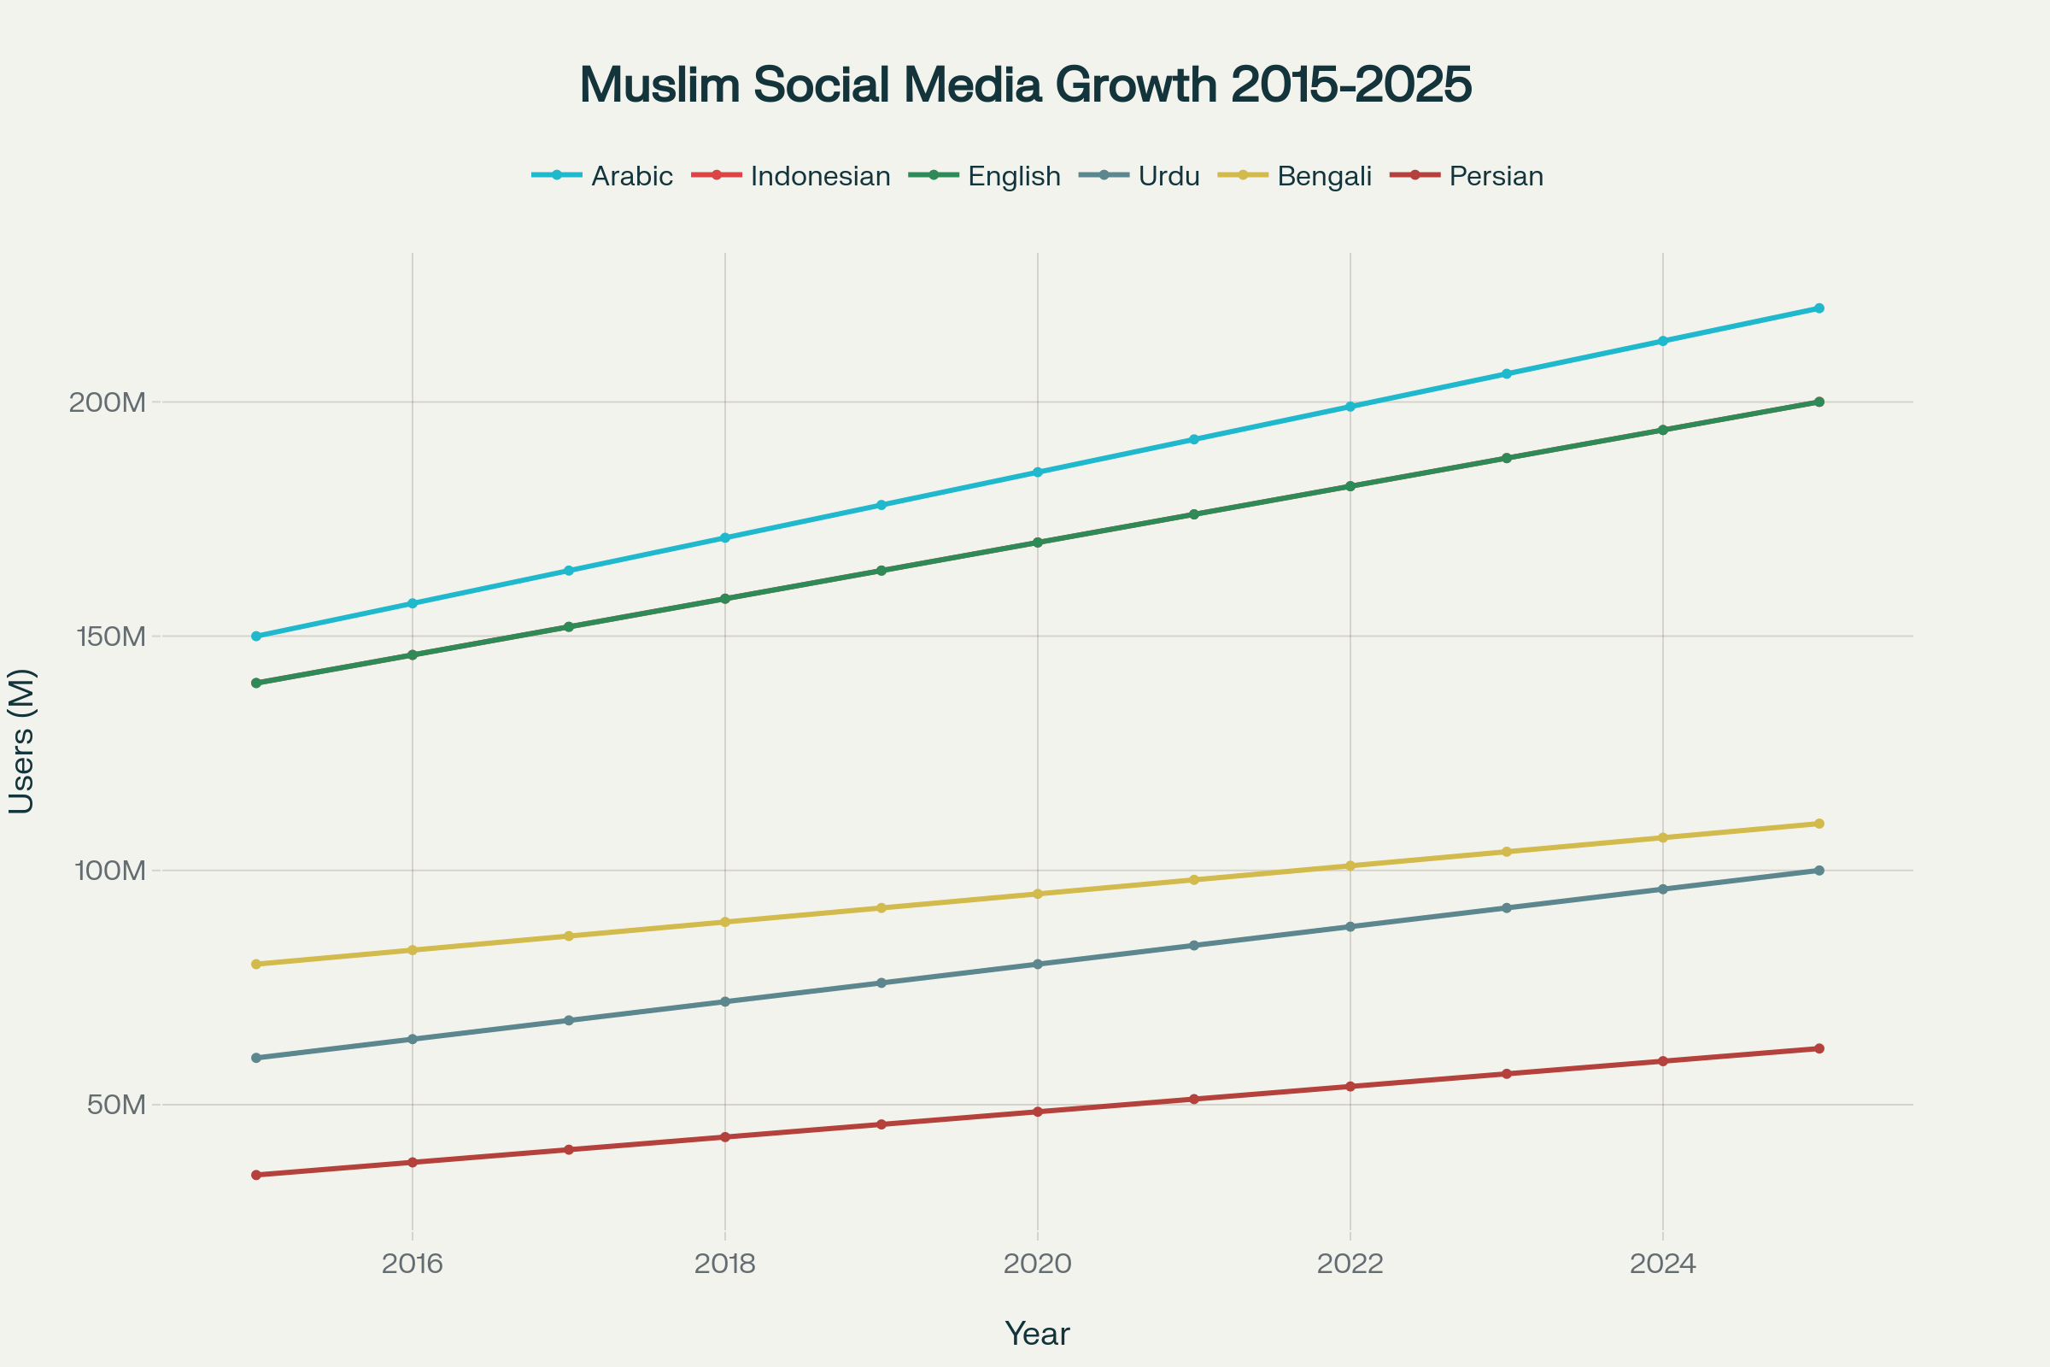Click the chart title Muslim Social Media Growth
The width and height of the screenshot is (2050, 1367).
click(x=1025, y=85)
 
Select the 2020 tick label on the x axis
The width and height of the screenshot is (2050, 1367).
click(x=1037, y=1264)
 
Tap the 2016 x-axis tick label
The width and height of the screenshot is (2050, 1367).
click(x=413, y=1264)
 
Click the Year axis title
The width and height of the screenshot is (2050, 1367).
click(x=1037, y=1334)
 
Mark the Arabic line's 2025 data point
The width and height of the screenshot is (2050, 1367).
click(x=1819, y=308)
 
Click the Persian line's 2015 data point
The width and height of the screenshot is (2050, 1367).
click(x=256, y=1176)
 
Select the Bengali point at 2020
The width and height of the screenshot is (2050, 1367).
click(x=1037, y=894)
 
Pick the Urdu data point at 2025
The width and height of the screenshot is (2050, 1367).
click(x=1819, y=870)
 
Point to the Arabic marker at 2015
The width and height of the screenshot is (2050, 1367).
click(x=256, y=637)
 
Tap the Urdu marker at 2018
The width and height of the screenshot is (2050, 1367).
click(x=725, y=1001)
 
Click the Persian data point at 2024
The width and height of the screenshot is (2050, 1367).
click(x=1663, y=1061)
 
